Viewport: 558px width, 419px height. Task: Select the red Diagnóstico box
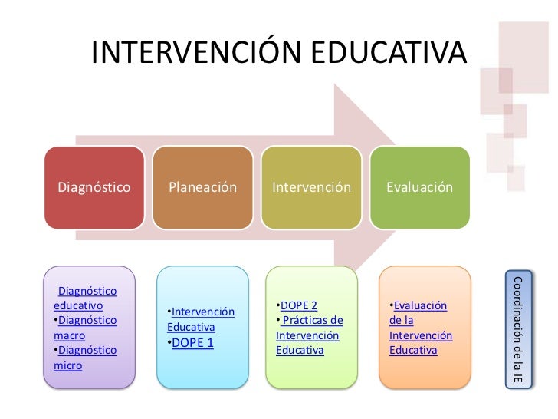click(94, 187)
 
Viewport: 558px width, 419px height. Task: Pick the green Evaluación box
click(420, 187)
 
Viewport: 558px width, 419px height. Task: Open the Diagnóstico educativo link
click(84, 299)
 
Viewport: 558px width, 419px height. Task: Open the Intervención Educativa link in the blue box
click(201, 319)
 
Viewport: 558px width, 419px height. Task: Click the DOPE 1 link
click(192, 342)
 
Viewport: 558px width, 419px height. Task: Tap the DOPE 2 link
click(298, 305)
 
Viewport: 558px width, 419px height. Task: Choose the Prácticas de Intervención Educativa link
click(309, 335)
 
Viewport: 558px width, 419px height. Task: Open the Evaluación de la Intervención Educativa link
click(420, 328)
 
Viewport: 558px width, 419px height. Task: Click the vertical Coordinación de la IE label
click(517, 329)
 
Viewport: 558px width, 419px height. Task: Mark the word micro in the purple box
click(67, 365)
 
